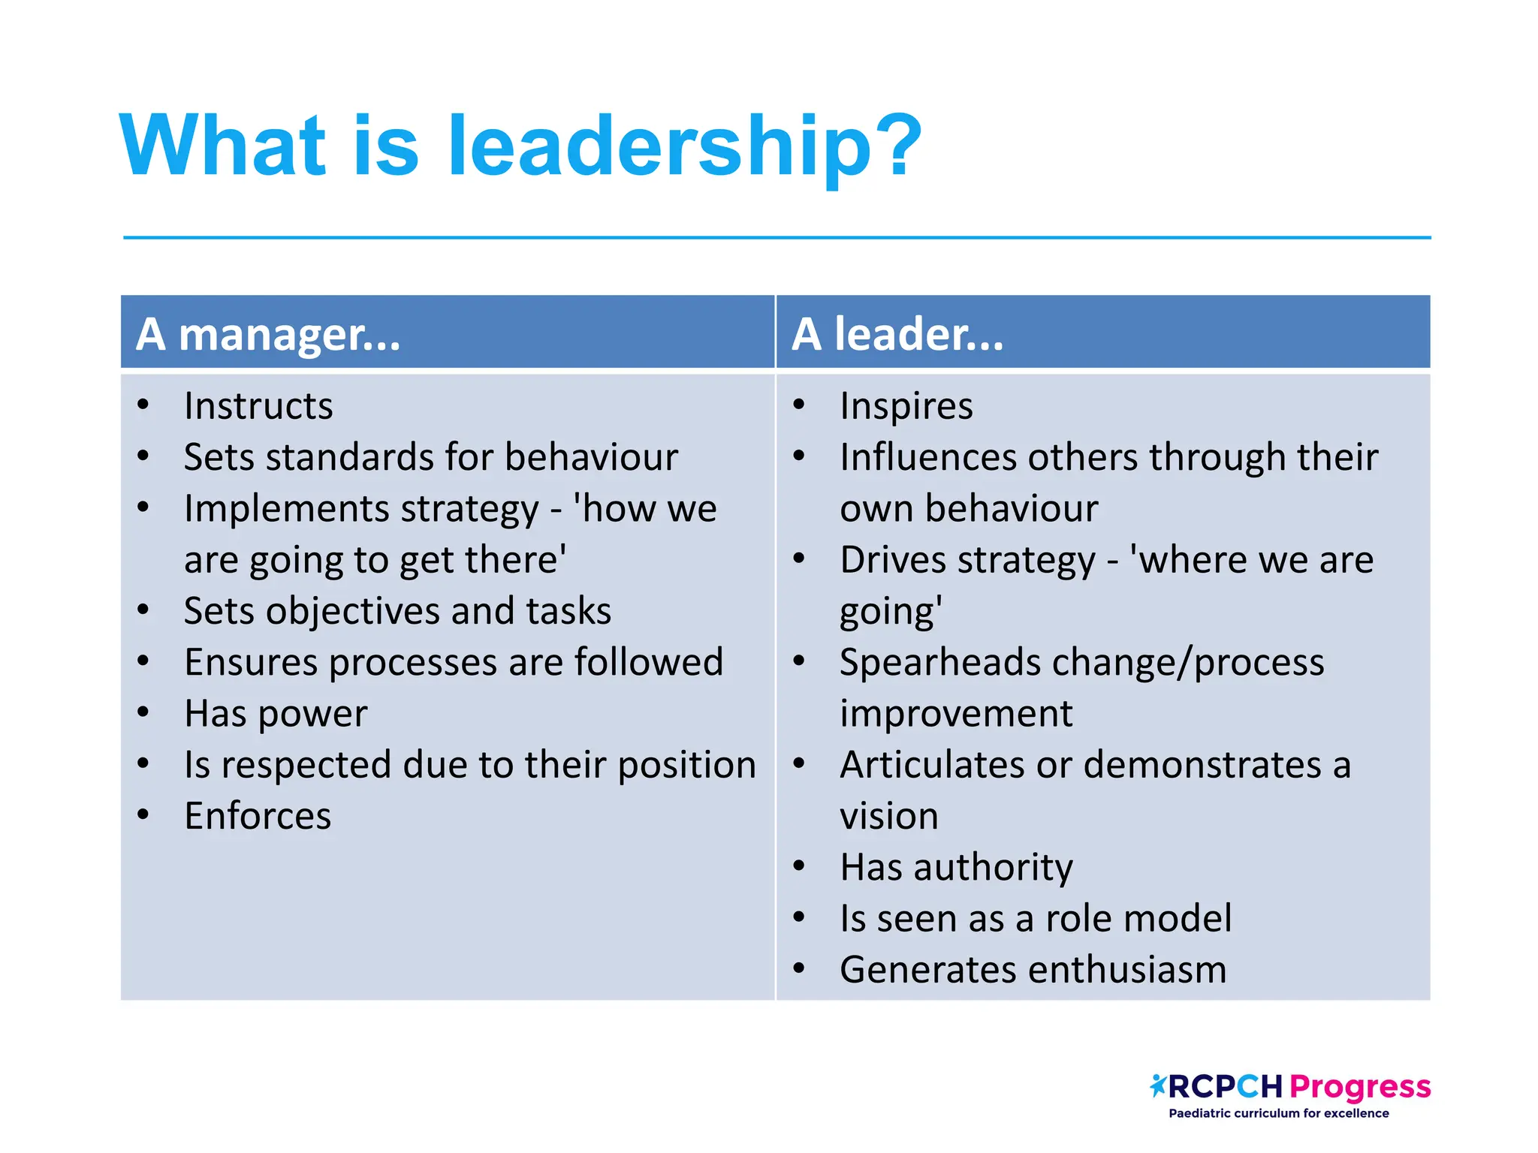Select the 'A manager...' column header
pos(268,334)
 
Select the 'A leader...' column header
pos(897,334)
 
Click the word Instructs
pos(258,406)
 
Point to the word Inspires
pos(906,406)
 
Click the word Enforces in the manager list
pos(258,816)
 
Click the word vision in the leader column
pos(888,816)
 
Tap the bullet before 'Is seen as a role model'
pos(799,917)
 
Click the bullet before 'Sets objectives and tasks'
pos(143,610)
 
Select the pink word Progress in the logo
pos(1360,1087)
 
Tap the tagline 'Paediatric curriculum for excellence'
pos(1278,1113)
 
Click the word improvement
pos(956,714)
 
